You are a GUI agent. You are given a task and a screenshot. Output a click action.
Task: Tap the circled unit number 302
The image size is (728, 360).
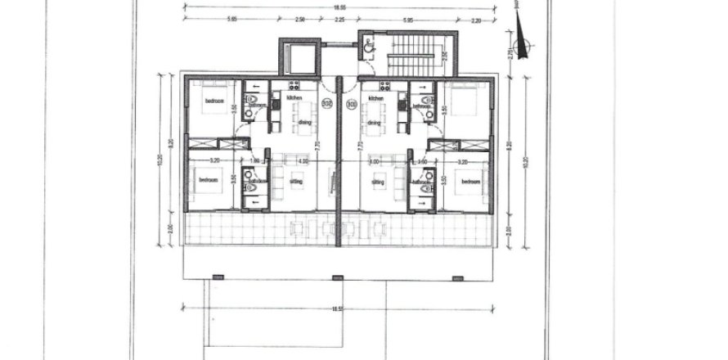[327, 104]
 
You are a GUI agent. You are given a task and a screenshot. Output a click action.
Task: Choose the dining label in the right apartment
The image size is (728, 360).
[374, 123]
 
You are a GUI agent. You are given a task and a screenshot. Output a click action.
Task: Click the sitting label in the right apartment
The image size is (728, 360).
[378, 182]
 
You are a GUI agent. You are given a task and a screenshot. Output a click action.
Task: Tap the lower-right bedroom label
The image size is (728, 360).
[470, 181]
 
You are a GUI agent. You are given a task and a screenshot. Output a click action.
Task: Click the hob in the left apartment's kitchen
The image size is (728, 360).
[292, 85]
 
